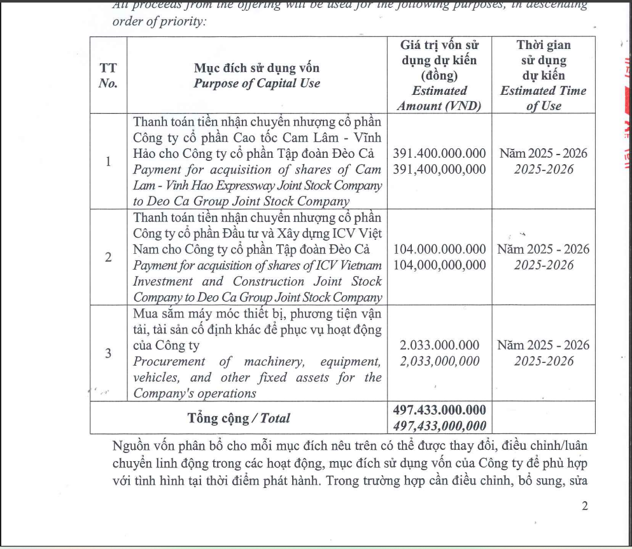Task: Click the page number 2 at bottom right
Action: pyautogui.click(x=585, y=506)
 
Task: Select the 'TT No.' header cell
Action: pyautogui.click(x=108, y=76)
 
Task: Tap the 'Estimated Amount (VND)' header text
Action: pyautogui.click(x=439, y=99)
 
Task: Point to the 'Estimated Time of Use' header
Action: pyautogui.click(x=543, y=98)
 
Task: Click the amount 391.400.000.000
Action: pyautogui.click(x=439, y=153)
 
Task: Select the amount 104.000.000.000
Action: pyautogui.click(x=439, y=249)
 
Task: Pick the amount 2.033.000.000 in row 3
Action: pyautogui.click(x=439, y=345)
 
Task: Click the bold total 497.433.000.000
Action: pyautogui.click(x=439, y=409)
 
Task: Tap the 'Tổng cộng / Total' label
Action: pyautogui.click(x=239, y=418)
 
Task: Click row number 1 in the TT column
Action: pyautogui.click(x=108, y=162)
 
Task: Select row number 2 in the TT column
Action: pyautogui.click(x=108, y=257)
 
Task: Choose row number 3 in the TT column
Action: pyautogui.click(x=108, y=353)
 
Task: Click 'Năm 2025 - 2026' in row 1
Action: pyautogui.click(x=543, y=153)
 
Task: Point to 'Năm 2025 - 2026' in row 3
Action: pyautogui.click(x=543, y=345)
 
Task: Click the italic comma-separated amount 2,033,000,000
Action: pyautogui.click(x=439, y=361)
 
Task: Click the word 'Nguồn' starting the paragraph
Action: pyautogui.click(x=131, y=443)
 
